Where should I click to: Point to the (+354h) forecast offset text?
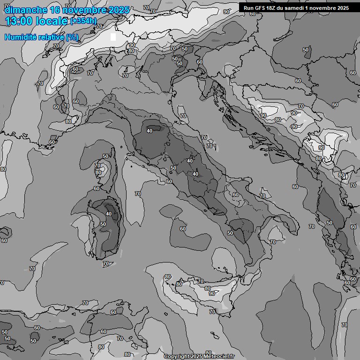pyautogui.click(x=83, y=21)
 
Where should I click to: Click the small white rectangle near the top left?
pyautogui.click(x=113, y=37)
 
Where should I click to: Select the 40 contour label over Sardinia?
pyautogui.click(x=109, y=214)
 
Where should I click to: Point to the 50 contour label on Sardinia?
pyautogui.click(x=103, y=225)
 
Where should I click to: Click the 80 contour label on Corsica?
pyautogui.click(x=98, y=172)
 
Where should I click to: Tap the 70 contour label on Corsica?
pyautogui.click(x=98, y=165)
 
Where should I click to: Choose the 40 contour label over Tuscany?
pyautogui.click(x=150, y=131)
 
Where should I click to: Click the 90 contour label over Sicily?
pyautogui.click(x=212, y=293)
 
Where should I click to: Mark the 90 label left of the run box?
pyautogui.click(x=226, y=12)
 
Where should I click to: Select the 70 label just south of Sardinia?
pyautogui.click(x=106, y=264)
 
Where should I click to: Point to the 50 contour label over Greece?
pyautogui.click(x=330, y=223)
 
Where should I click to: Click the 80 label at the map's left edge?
pyautogui.click(x=3, y=169)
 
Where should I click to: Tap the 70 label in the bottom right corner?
pyautogui.click(x=345, y=325)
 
